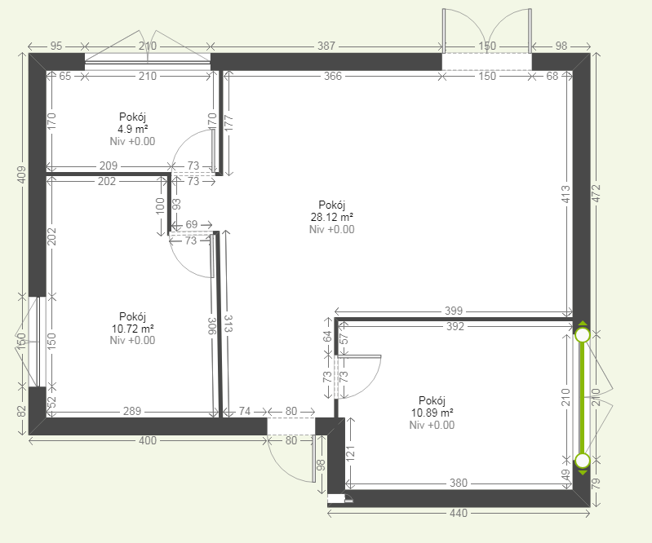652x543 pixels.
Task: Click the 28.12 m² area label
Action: pyautogui.click(x=332, y=217)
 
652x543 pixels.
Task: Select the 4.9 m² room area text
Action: pyautogui.click(x=133, y=129)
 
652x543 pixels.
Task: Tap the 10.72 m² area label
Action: pyautogui.click(x=133, y=329)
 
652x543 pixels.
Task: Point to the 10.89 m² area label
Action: pyautogui.click(x=432, y=413)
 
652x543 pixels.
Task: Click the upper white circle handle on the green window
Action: pyautogui.click(x=583, y=335)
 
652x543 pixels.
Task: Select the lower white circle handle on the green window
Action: pyautogui.click(x=583, y=461)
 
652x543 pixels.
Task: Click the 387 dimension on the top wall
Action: pyautogui.click(x=326, y=46)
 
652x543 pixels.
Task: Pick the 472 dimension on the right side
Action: pyautogui.click(x=597, y=193)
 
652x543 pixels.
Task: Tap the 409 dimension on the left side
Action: pyautogui.click(x=21, y=174)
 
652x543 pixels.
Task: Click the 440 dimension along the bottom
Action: pyautogui.click(x=459, y=514)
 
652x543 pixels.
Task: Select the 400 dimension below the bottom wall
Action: pyautogui.click(x=148, y=440)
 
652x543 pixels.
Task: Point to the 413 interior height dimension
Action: pyautogui.click(x=566, y=194)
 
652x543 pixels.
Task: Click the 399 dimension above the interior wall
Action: pyautogui.click(x=453, y=311)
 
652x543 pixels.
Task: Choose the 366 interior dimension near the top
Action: pyautogui.click(x=333, y=76)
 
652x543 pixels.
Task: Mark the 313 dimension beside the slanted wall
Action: pyautogui.click(x=228, y=324)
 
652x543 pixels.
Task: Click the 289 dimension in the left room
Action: pyautogui.click(x=132, y=411)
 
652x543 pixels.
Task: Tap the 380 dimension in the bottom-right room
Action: pyautogui.click(x=459, y=483)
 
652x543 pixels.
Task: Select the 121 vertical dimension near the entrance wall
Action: pyautogui.click(x=351, y=453)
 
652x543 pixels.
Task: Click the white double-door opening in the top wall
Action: pyautogui.click(x=486, y=62)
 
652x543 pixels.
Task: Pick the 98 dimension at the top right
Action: pyautogui.click(x=561, y=46)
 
